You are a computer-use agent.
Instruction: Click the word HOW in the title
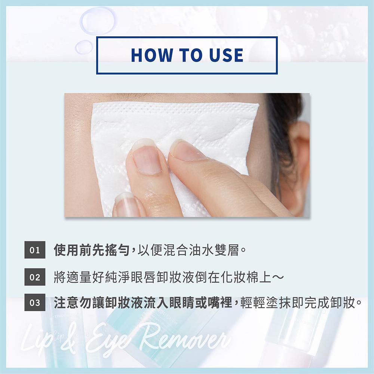152,55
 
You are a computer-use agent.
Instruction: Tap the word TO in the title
191,55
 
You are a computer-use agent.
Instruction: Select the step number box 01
35,250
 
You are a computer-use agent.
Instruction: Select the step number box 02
35,277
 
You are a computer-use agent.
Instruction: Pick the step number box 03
35,303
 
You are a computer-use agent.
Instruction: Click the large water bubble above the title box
98,21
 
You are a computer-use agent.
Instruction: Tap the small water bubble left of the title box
84,47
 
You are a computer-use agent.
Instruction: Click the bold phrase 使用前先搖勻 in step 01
92,250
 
